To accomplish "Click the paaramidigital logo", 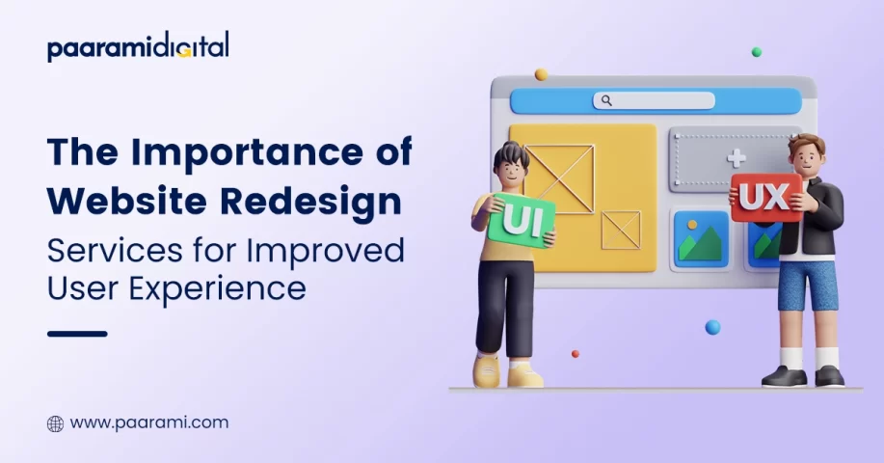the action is coord(138,46).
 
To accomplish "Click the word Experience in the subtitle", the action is coord(218,289).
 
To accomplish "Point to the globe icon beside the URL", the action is coord(55,423).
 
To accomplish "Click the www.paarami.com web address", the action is coord(149,422).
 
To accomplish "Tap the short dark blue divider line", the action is coord(77,334).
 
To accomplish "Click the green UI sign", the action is coord(521,221).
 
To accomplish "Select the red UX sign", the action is coord(766,198).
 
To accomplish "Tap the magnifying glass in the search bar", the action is coord(606,100).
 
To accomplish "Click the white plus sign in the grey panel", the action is coord(736,158).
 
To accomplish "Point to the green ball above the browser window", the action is coord(757,52).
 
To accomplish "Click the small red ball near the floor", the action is coord(576,354).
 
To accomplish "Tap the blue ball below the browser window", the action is coord(712,327).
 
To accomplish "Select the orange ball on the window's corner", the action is coord(541,74).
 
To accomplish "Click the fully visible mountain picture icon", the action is coord(701,239).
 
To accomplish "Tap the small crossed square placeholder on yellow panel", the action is coord(621,230).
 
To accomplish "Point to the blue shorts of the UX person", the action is coord(808,286).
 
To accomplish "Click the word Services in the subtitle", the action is coord(115,251).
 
